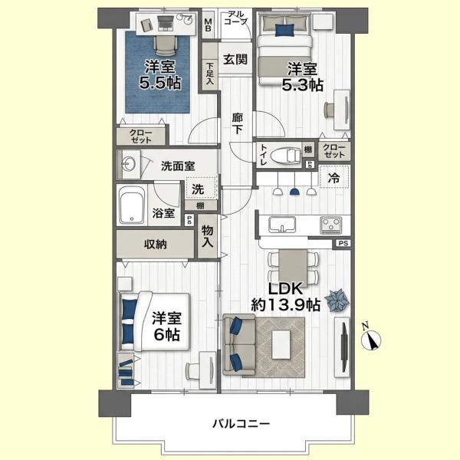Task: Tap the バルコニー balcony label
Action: (241, 424)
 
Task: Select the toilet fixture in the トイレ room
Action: (286, 155)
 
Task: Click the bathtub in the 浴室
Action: (131, 205)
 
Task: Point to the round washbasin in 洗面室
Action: (129, 163)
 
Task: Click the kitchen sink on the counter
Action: (282, 225)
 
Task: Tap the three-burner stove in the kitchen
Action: (331, 225)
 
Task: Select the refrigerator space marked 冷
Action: (334, 176)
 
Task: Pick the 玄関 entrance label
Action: (235, 60)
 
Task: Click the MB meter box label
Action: (208, 25)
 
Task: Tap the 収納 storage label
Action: (156, 244)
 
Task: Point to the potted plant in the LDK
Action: (337, 301)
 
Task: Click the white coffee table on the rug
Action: (281, 344)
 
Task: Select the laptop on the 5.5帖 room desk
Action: (166, 23)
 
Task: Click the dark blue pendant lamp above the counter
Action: (294, 192)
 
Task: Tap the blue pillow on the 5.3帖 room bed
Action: (284, 30)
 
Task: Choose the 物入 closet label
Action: (208, 236)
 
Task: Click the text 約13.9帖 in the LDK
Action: (285, 305)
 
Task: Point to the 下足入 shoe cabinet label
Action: (209, 74)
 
